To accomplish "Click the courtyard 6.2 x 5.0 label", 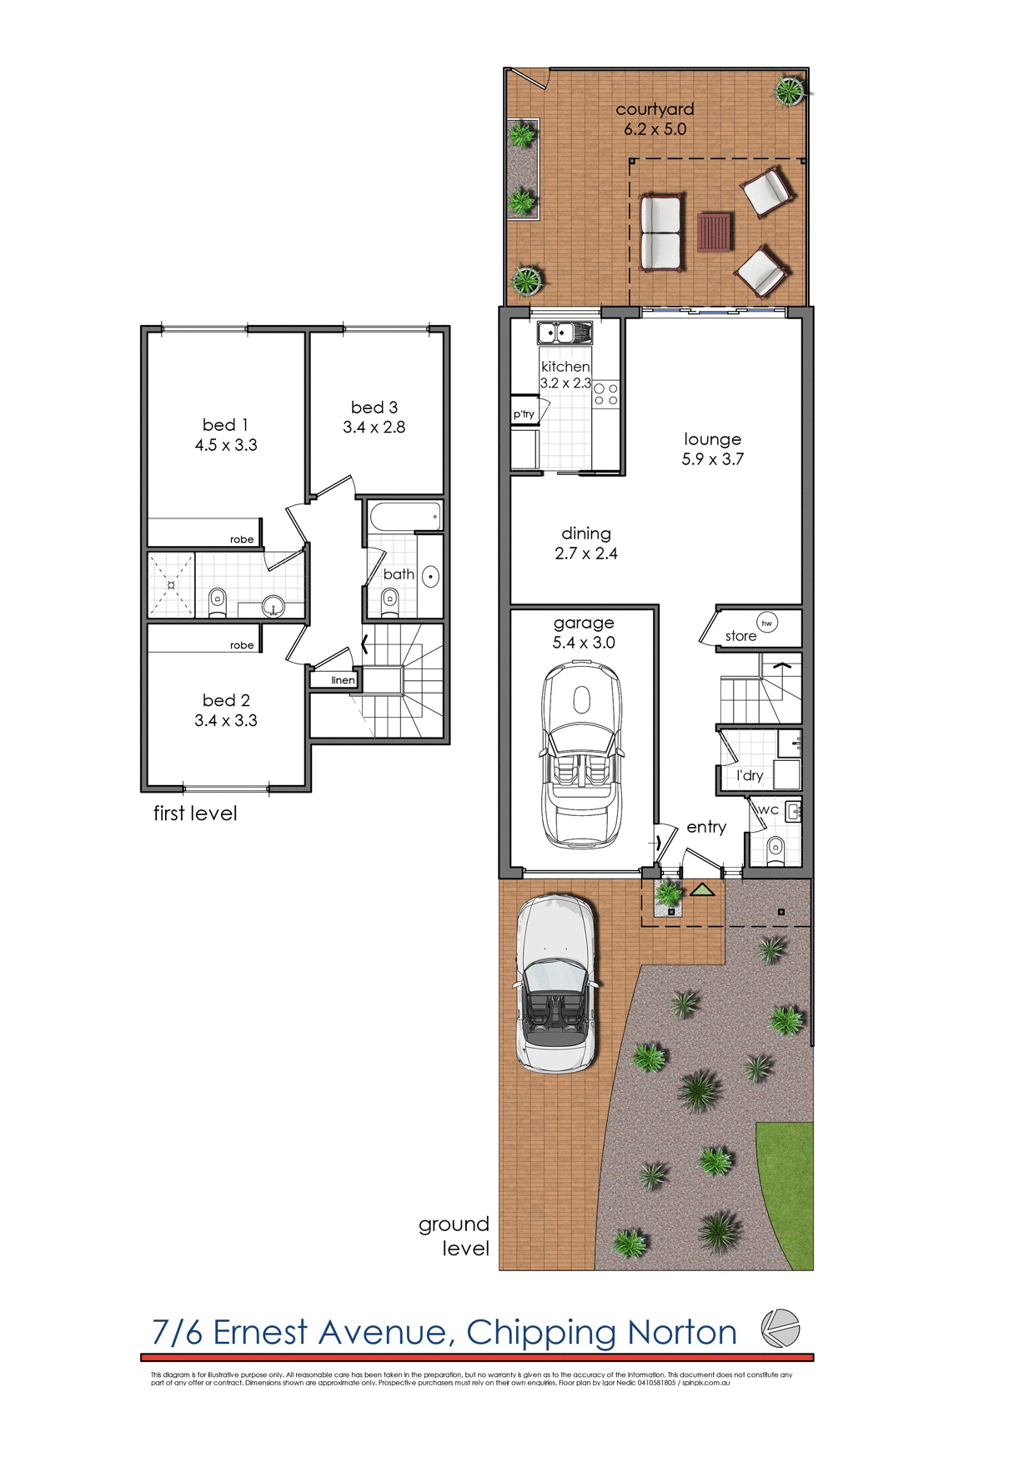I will click(x=655, y=119).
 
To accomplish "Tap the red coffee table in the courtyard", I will click(x=715, y=233).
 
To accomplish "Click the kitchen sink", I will click(x=565, y=333).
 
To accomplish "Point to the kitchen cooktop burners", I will click(x=606, y=394).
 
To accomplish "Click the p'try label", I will click(x=524, y=414).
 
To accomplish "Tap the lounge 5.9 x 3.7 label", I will click(x=712, y=448).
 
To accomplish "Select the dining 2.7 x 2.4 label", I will click(x=586, y=543).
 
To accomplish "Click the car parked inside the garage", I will click(x=582, y=754).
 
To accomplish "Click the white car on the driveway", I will click(x=556, y=984).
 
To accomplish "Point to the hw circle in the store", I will click(x=767, y=623).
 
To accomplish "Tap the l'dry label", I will click(x=750, y=775).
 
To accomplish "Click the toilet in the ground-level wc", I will click(x=775, y=849).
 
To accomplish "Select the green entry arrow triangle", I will click(x=702, y=890).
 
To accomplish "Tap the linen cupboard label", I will click(x=343, y=680).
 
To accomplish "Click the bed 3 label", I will click(x=374, y=417).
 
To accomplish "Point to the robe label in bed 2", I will click(x=242, y=645).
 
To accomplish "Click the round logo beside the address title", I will click(x=781, y=1329).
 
